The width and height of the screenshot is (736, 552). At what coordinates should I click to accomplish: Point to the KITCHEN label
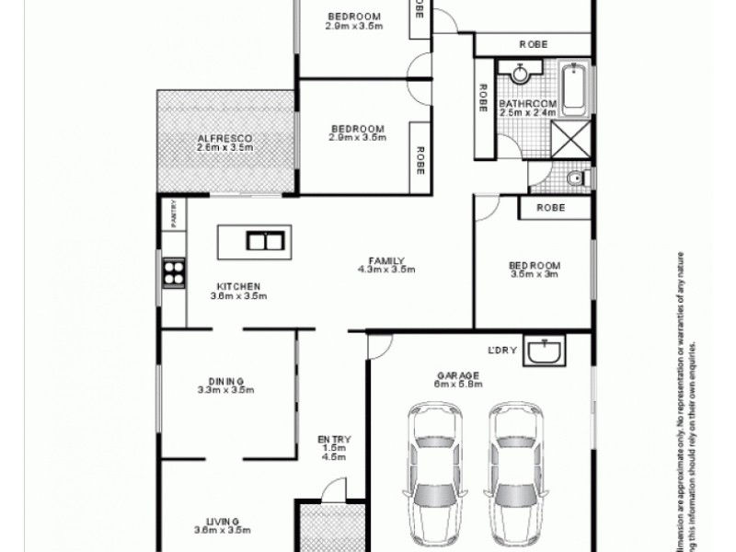click(238, 285)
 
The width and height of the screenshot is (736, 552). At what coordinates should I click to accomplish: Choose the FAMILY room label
click(387, 259)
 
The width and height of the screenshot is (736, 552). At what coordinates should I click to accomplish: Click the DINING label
click(225, 380)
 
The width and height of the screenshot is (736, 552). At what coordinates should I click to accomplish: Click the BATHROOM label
click(527, 104)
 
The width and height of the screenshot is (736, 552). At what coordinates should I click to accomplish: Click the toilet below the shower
click(574, 178)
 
